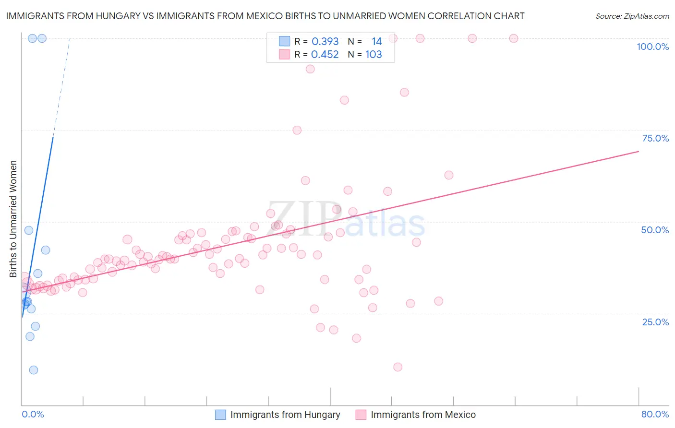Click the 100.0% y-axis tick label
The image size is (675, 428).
click(x=652, y=47)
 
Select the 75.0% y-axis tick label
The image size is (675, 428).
click(x=655, y=138)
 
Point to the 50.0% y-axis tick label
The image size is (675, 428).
click(x=655, y=230)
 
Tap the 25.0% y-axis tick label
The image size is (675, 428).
click(x=655, y=321)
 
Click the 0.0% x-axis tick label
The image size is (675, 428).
click(x=33, y=414)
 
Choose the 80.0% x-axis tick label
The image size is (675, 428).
click(x=655, y=414)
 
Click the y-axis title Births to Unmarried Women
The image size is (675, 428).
click(x=13, y=219)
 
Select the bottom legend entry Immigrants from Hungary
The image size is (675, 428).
click(x=285, y=415)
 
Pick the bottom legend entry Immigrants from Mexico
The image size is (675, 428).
click(x=423, y=415)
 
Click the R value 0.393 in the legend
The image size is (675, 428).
click(x=325, y=42)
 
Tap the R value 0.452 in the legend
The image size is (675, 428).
click(x=325, y=55)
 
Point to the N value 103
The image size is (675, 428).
click(x=374, y=55)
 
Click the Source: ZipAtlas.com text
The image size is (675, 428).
click(x=632, y=16)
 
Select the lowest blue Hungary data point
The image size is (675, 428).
click(x=33, y=370)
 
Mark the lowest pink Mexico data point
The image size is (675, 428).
click(x=398, y=367)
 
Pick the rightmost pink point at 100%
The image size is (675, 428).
click(x=513, y=38)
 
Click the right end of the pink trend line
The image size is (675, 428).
click(x=638, y=151)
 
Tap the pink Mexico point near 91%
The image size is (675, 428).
click(x=310, y=69)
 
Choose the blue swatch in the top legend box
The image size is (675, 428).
click(x=284, y=42)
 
